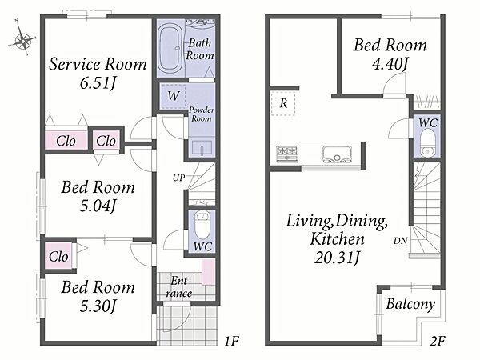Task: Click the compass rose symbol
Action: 22,39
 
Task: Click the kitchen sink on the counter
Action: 337,154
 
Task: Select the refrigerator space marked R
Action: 283,103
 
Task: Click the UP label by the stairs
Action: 178,178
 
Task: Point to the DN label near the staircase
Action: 401,241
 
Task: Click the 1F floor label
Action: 231,341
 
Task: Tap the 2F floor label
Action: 437,341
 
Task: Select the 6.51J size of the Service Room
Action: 98,83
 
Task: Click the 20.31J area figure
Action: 337,258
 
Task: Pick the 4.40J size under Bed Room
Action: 390,64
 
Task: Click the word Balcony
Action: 410,304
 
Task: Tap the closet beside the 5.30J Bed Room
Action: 58,256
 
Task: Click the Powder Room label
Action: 201,114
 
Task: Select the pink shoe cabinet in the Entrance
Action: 209,272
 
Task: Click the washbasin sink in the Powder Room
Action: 202,148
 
